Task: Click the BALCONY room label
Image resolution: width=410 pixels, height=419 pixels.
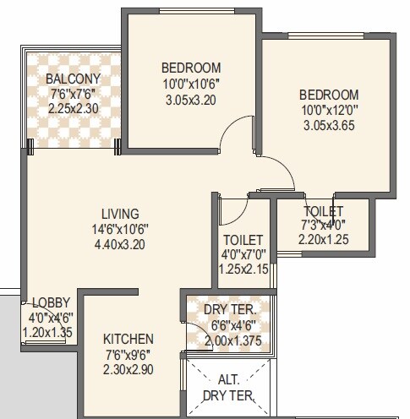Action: pos(74,79)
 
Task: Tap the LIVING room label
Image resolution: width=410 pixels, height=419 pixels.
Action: pos(120,214)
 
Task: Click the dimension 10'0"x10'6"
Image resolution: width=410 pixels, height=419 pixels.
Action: pos(190,83)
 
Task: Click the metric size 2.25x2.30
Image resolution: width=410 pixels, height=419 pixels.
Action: pos(74,108)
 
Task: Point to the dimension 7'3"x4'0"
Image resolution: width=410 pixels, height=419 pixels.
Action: pos(323,226)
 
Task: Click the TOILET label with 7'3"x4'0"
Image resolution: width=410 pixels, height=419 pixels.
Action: pos(323,211)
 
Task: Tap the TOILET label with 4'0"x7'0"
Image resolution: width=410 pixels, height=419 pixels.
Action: pos(243,240)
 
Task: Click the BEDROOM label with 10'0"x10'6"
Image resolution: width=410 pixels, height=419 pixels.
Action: pos(190,68)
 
